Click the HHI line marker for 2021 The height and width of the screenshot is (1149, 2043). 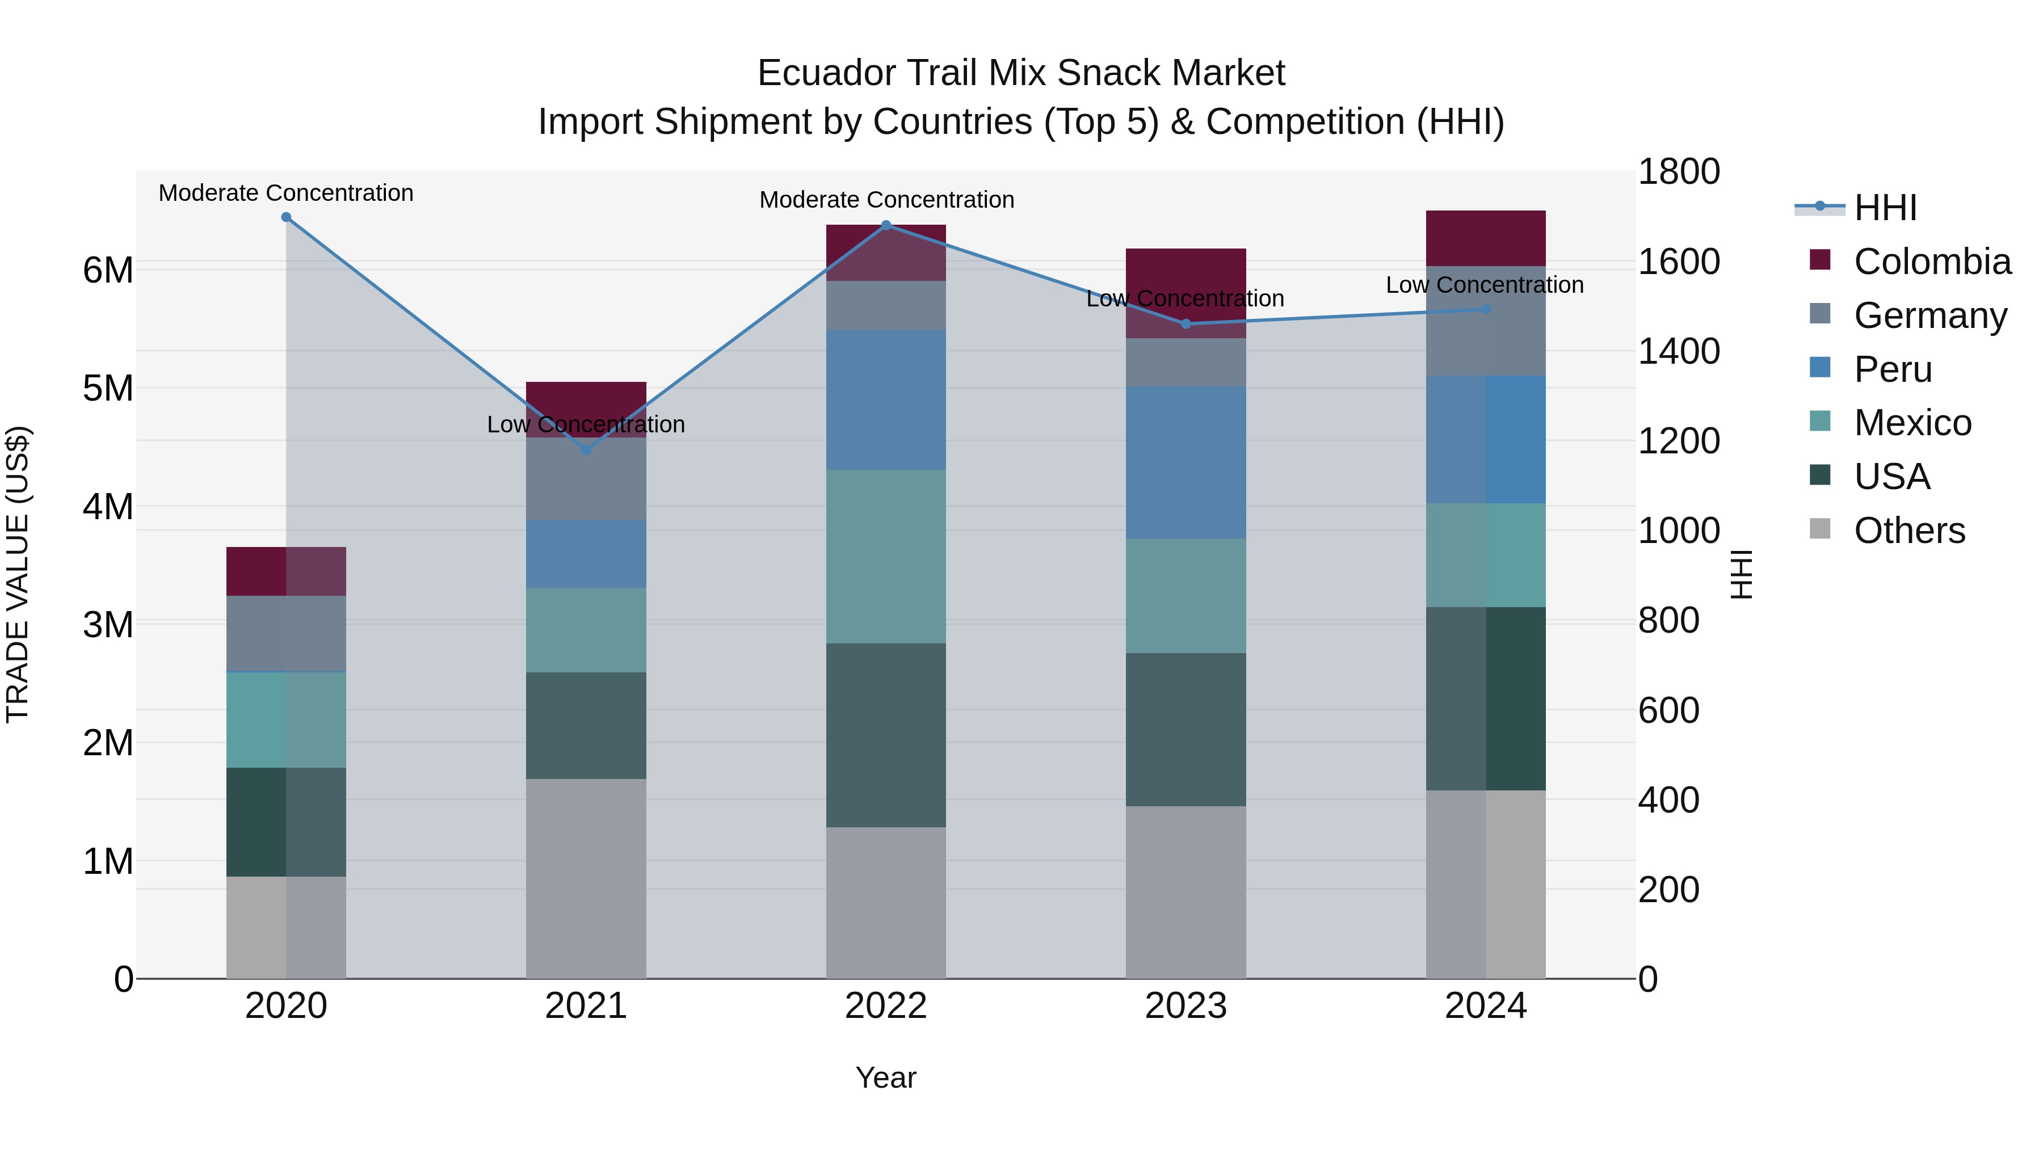click(586, 449)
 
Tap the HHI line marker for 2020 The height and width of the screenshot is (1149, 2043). click(287, 217)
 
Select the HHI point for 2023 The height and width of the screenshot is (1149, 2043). click(1186, 323)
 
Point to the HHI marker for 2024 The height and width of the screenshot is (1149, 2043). click(1486, 309)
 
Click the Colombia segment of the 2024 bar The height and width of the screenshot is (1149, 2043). click(1486, 238)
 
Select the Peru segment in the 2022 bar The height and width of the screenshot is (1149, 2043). click(886, 399)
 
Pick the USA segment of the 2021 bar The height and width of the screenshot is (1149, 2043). click(586, 726)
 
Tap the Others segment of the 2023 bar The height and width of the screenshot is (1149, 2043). click(1186, 892)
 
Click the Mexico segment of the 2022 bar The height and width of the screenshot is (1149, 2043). click(886, 556)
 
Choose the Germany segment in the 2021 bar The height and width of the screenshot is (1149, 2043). click(586, 479)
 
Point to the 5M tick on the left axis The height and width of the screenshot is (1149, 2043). click(108, 389)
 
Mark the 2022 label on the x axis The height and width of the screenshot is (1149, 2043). click(886, 1006)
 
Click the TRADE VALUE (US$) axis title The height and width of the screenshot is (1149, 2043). click(18, 574)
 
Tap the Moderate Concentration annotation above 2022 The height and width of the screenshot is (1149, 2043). click(886, 200)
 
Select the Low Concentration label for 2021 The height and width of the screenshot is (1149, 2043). click(586, 425)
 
